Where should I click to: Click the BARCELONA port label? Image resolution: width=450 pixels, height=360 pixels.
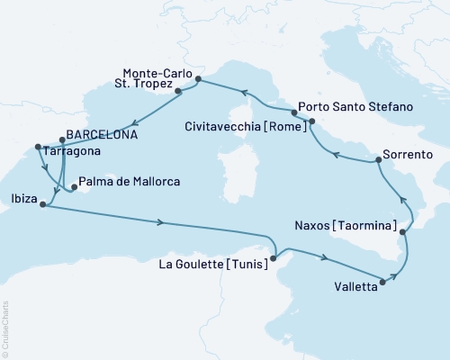point(99,136)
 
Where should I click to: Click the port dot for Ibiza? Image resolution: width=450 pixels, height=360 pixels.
point(42,204)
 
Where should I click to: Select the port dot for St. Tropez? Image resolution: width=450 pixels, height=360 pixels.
point(178,91)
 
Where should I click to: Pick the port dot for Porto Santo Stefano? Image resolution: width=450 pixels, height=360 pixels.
point(311,121)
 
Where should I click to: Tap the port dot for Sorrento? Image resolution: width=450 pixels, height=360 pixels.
point(377,160)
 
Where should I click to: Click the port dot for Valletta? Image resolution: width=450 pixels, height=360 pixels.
point(383,282)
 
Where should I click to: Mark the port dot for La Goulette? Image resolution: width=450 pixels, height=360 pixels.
point(275,258)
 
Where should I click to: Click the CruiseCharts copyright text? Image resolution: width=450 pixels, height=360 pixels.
point(5,328)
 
